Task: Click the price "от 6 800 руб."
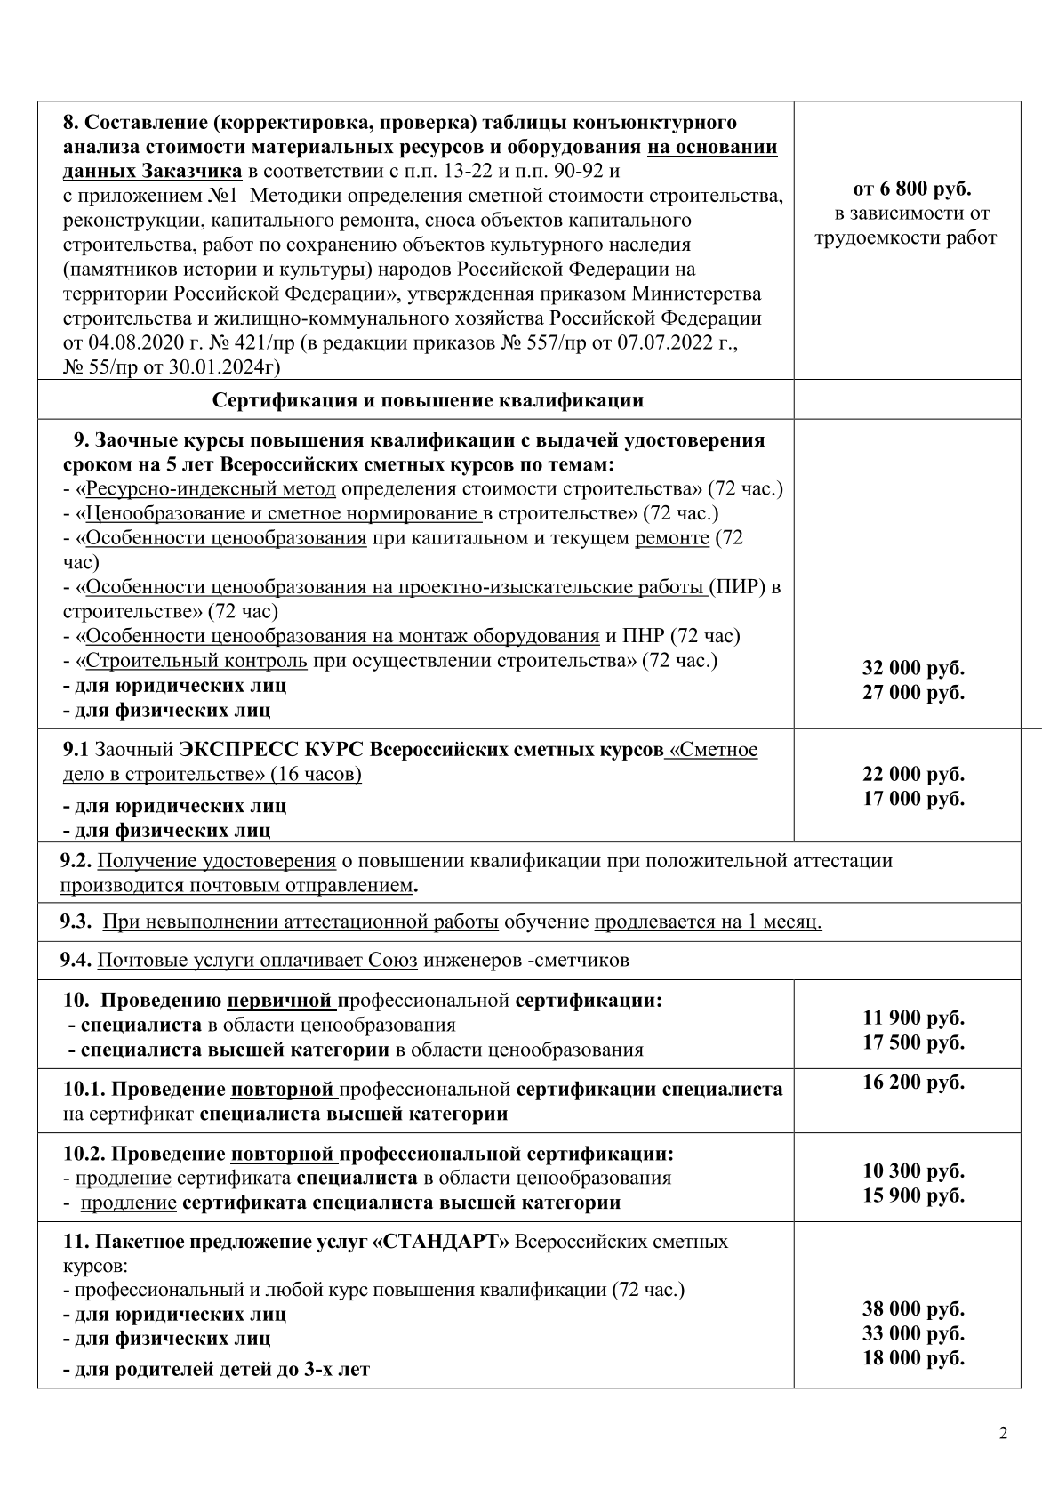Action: [906, 189]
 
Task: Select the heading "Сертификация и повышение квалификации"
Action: [427, 399]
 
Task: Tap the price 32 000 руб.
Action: [913, 668]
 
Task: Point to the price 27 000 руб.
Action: [913, 692]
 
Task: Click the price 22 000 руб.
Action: [913, 774]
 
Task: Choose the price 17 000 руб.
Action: [913, 798]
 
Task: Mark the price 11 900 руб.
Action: [913, 1018]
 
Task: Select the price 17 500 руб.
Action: [913, 1042]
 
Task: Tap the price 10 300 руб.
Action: [913, 1171]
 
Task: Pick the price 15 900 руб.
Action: [913, 1195]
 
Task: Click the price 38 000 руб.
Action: [913, 1308]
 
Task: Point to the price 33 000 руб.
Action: [913, 1332]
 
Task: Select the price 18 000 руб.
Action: [913, 1357]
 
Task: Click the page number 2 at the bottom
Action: [1004, 1432]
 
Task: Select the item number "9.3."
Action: [76, 922]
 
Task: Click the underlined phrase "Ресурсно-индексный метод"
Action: [212, 488]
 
